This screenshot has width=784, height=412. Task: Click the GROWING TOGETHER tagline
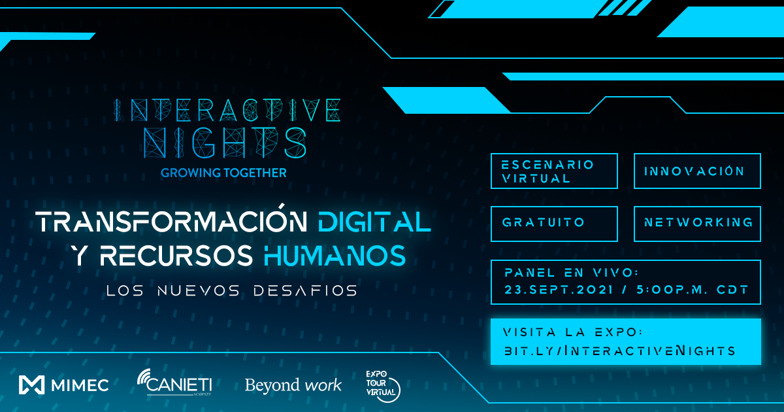[223, 173]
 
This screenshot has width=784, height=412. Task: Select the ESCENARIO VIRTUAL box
[553, 171]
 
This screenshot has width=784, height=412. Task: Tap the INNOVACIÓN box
[696, 171]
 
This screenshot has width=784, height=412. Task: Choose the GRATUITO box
[553, 223]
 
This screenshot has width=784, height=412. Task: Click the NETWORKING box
[696, 223]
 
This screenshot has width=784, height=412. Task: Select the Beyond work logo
[293, 385]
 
